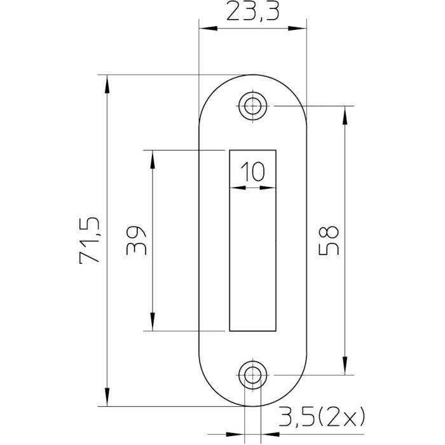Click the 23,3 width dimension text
click(252, 12)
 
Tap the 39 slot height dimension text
click(137, 240)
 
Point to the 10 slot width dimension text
click(252, 172)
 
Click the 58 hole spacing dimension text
click(329, 240)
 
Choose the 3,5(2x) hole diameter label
click(322, 417)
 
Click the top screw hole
click(252, 106)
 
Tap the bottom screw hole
click(252, 375)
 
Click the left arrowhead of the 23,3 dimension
click(209, 29)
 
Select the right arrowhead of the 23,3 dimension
click(298, 29)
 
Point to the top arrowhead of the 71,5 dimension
click(107, 84)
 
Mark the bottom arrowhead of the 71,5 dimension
click(107, 397)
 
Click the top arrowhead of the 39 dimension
click(153, 160)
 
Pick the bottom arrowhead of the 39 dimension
click(153, 322)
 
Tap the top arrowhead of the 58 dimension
click(345, 115)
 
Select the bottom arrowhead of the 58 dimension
click(345, 366)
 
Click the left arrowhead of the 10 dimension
click(238, 188)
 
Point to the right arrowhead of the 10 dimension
click(268, 188)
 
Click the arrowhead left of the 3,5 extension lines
click(235, 434)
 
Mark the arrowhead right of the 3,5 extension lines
click(270, 434)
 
